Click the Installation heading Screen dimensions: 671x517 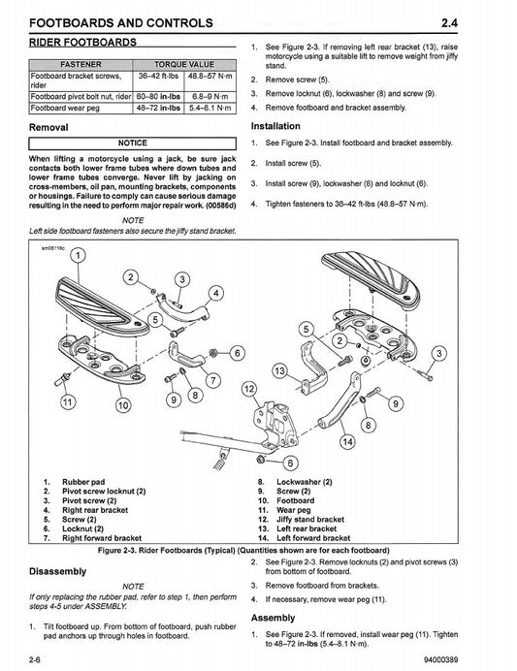[281, 126]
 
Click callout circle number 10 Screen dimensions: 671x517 [122, 406]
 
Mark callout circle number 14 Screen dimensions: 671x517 [346, 442]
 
